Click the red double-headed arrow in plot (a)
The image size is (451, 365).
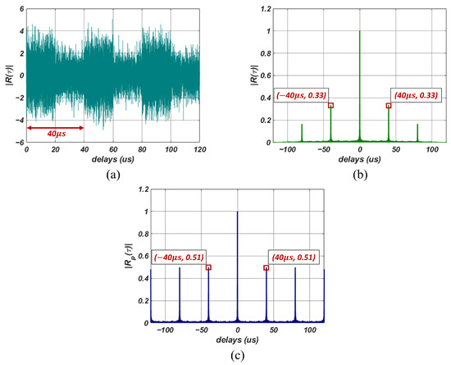point(55,127)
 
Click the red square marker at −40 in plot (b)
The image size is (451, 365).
point(330,105)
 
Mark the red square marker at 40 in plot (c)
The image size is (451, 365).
point(266,267)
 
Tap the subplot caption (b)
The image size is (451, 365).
point(359,174)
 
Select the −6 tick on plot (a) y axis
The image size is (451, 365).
point(20,143)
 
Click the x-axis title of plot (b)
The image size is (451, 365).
point(360,160)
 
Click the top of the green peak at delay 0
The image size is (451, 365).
point(360,31)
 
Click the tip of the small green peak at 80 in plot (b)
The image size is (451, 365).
point(417,125)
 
